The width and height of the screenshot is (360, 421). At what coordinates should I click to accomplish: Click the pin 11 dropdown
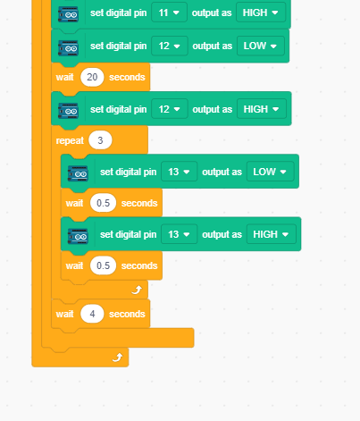pyautogui.click(x=169, y=13)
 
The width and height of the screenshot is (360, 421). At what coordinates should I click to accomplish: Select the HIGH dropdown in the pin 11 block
pyautogui.click(x=261, y=13)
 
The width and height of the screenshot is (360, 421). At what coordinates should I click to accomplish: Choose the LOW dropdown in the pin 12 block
pyautogui.click(x=261, y=46)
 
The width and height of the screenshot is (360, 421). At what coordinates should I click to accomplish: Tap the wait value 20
pyautogui.click(x=92, y=77)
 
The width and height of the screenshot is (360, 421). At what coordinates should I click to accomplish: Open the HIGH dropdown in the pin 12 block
pyautogui.click(x=262, y=109)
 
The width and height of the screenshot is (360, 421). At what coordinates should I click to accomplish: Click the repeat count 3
pyautogui.click(x=100, y=140)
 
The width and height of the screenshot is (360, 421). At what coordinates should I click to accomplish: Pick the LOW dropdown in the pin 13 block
pyautogui.click(x=270, y=172)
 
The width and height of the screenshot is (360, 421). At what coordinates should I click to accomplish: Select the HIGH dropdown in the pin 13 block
pyautogui.click(x=272, y=234)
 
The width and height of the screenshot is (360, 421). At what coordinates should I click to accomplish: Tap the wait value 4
pyautogui.click(x=92, y=314)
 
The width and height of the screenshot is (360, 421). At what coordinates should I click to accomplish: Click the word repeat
pyautogui.click(x=70, y=140)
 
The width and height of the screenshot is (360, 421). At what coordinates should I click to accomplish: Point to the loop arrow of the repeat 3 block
pyautogui.click(x=137, y=290)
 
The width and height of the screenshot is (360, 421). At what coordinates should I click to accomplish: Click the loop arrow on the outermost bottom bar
pyautogui.click(x=118, y=357)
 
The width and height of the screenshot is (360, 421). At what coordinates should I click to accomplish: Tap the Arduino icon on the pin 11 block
pyautogui.click(x=68, y=14)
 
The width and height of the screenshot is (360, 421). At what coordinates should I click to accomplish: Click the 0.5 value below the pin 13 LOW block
pyautogui.click(x=103, y=203)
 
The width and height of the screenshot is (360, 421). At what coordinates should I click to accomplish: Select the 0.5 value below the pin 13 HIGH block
pyautogui.click(x=103, y=265)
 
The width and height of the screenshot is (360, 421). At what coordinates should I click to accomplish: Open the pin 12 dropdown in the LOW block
pyautogui.click(x=170, y=46)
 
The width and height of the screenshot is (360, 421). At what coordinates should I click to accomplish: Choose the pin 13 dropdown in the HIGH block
pyautogui.click(x=180, y=234)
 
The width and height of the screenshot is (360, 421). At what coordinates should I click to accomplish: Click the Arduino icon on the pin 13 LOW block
pyautogui.click(x=78, y=173)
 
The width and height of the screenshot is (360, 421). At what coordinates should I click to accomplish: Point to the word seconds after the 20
pyautogui.click(x=127, y=77)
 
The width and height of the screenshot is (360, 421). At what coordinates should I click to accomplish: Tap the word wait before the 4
pyautogui.click(x=64, y=314)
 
